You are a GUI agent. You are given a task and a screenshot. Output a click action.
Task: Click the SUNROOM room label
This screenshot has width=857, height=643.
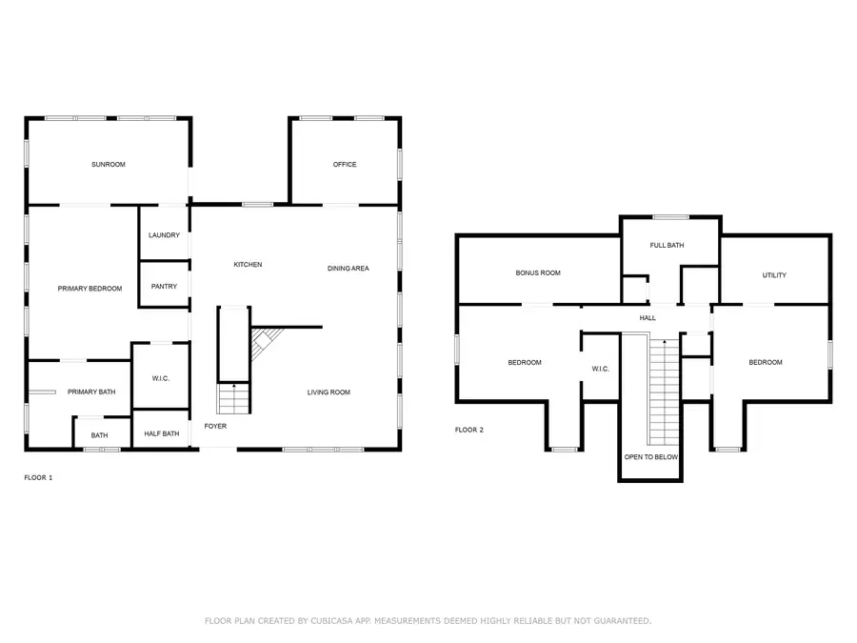pos(109,164)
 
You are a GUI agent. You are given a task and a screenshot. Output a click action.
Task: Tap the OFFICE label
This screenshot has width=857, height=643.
pos(345,164)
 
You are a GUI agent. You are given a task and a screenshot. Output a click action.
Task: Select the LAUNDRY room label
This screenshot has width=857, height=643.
pos(164,235)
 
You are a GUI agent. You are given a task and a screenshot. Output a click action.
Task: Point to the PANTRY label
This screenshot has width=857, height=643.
pos(164,286)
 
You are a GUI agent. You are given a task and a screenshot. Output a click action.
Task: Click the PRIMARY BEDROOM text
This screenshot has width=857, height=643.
pos(90,288)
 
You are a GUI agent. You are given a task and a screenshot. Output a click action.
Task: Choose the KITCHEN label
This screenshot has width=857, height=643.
pos(249,264)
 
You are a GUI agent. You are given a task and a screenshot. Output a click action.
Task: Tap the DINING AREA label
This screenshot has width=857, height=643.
pos(349,268)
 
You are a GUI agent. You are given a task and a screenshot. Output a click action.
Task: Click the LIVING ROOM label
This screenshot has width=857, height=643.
pos(329,392)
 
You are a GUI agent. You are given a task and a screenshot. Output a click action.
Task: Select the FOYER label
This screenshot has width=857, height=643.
pos(215,426)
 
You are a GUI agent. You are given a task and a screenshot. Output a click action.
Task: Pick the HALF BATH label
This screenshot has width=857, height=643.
pos(162,433)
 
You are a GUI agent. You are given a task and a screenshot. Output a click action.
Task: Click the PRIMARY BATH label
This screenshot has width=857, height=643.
pos(91,392)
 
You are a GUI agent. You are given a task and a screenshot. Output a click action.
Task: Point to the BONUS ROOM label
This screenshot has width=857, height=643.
pos(538,272)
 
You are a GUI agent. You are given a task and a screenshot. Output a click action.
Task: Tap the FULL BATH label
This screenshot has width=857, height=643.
pos(667,245)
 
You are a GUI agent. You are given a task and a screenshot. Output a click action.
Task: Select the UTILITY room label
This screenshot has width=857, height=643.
pos(774,275)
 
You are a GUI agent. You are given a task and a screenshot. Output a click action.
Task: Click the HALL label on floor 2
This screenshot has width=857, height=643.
pos(648,317)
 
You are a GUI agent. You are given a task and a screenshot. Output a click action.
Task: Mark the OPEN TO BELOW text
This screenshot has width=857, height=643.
pos(651,456)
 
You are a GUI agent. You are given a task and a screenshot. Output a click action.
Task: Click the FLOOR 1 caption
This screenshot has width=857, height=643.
pos(38,477)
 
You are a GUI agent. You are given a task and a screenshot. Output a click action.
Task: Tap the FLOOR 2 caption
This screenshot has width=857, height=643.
pos(468,430)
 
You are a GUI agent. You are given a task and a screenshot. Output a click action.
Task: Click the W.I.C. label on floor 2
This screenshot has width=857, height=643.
pos(600,369)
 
